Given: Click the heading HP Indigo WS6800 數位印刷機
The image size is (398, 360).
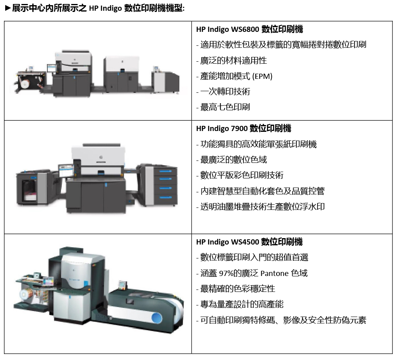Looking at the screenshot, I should [249, 29].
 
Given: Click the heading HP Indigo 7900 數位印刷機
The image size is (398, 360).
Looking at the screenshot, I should [243, 128].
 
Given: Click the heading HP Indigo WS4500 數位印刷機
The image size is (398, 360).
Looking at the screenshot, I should [249, 242].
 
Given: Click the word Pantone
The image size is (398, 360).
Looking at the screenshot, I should [275, 273].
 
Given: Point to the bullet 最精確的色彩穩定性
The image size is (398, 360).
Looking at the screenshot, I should [237, 289].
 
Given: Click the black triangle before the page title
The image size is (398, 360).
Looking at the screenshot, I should [7, 8].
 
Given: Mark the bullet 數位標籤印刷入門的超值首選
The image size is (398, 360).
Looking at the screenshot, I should [254, 258].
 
